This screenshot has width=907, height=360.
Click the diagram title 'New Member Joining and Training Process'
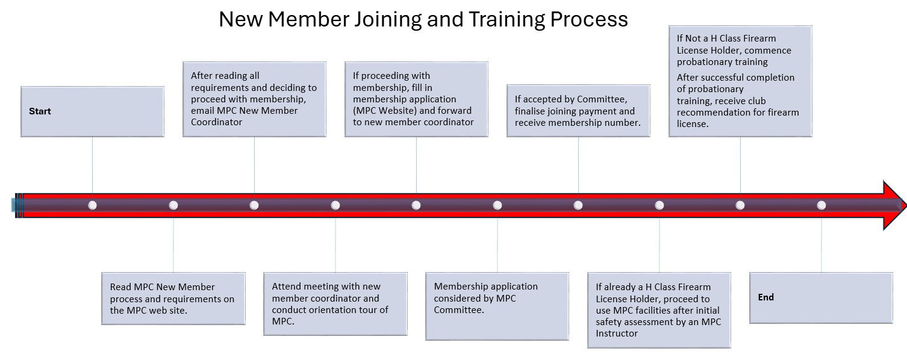click(423, 19)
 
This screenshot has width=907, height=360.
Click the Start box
click(92, 111)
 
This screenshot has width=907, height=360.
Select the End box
click(821, 297)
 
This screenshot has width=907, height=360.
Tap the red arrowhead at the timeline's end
click(894, 205)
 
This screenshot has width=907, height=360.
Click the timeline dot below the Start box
click(92, 205)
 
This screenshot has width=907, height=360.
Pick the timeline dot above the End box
click(821, 205)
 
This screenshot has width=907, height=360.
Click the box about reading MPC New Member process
click(173, 299)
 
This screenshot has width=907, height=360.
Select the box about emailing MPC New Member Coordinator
click(254, 99)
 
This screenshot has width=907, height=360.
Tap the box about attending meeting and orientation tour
click(335, 303)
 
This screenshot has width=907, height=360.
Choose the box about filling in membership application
click(416, 99)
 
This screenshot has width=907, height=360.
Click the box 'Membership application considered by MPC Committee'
click(497, 306)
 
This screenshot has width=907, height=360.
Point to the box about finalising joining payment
click(578, 111)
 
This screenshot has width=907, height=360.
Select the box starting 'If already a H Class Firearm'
click(659, 310)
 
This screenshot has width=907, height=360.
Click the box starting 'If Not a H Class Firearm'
click(740, 81)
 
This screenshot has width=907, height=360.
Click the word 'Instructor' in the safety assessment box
click(617, 334)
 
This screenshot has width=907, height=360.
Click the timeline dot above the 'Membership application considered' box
click(497, 205)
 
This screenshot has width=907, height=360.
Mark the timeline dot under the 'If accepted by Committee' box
click(578, 205)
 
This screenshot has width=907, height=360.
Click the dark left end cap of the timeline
click(17, 205)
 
